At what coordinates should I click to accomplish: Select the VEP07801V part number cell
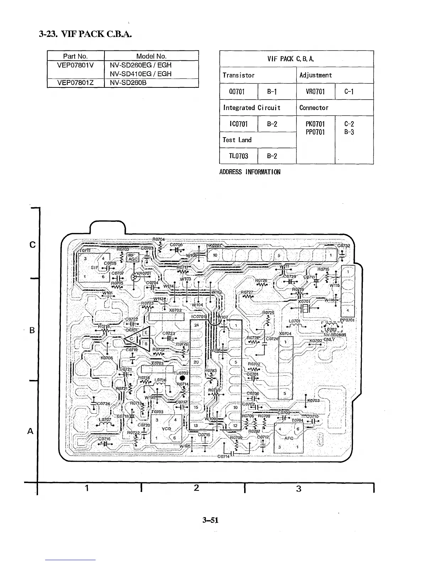point(75,65)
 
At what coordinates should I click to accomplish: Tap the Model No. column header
point(151,56)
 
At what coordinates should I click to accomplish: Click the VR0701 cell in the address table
point(315,92)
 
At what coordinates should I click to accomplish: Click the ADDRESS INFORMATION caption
point(250,172)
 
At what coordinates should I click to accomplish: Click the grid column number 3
point(299,489)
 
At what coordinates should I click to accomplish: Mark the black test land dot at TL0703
point(182,378)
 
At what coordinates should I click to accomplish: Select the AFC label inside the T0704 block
point(289,438)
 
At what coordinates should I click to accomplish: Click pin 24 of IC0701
point(197,325)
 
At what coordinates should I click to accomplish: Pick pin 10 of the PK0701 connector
point(215,255)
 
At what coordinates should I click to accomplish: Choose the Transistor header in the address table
point(238,75)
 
